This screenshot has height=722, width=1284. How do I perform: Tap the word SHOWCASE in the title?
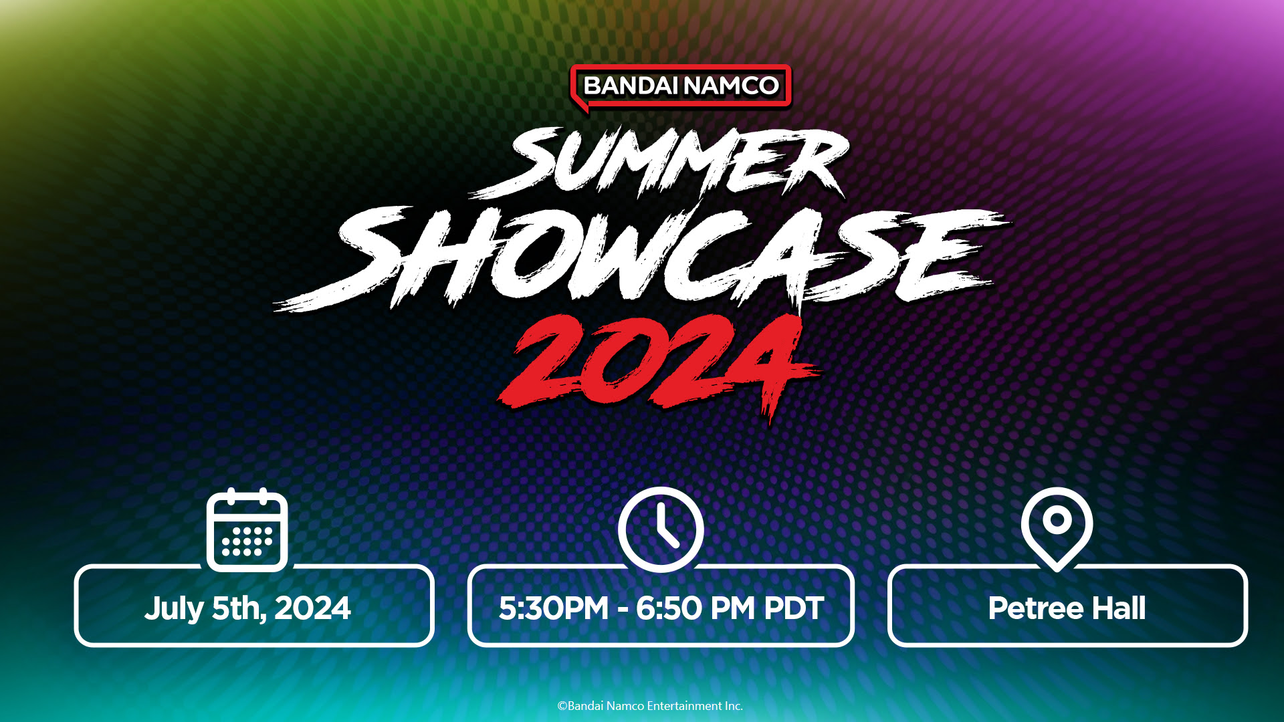pos(642,257)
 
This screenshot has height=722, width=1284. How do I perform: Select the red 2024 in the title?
pos(659,364)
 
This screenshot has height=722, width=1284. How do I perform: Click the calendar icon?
pos(247,530)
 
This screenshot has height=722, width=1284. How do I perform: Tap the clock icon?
pos(661,529)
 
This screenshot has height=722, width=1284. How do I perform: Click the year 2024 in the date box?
pos(312,608)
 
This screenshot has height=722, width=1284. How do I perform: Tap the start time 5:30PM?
pos(554,608)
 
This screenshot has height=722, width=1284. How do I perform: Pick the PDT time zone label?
pos(793,608)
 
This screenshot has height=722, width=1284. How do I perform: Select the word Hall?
pos(1119,608)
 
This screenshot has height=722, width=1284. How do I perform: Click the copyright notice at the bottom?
pos(650,706)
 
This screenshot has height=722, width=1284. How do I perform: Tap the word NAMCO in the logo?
pos(731,86)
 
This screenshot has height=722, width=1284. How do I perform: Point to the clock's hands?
pos(667,527)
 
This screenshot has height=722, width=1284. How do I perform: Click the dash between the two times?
pos(623,610)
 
